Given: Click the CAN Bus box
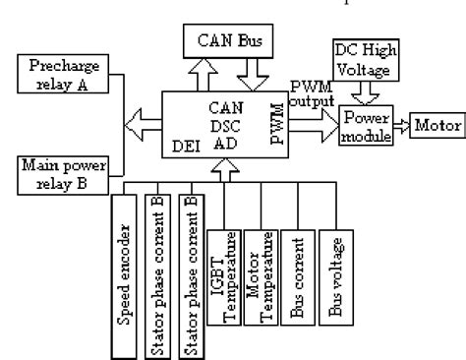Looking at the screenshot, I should pyautogui.click(x=229, y=41).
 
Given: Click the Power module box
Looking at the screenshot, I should pyautogui.click(x=368, y=125).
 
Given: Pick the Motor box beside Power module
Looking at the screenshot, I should pyautogui.click(x=432, y=126).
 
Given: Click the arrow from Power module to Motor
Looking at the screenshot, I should pyautogui.click(x=405, y=126).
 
